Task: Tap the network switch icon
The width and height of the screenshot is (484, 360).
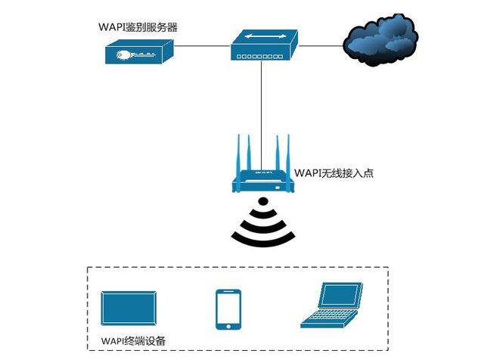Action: click(265, 45)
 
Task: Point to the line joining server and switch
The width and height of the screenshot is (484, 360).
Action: click(203, 46)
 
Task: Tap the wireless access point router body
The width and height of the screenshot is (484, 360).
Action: click(262, 180)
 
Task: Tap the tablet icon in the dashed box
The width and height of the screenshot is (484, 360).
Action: click(130, 309)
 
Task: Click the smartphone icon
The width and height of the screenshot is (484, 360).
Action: click(228, 309)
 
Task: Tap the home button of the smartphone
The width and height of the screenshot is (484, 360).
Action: click(228, 325)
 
